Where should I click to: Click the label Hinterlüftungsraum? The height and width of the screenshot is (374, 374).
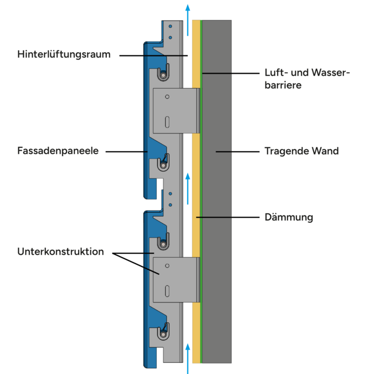click(64, 54)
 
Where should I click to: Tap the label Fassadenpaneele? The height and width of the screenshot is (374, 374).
click(58, 150)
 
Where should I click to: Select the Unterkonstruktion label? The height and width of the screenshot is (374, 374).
click(60, 251)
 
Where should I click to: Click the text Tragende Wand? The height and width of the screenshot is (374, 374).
click(301, 151)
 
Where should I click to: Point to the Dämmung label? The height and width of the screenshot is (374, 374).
click(289, 217)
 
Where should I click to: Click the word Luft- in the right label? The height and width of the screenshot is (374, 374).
click(275, 73)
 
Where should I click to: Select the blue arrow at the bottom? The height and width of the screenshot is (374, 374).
click(188, 357)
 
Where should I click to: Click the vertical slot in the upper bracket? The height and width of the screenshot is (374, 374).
click(167, 121)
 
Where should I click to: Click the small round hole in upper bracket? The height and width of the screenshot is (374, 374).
click(167, 96)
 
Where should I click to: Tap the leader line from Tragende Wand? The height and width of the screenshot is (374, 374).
click(236, 151)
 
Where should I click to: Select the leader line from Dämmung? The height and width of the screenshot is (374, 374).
click(227, 217)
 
